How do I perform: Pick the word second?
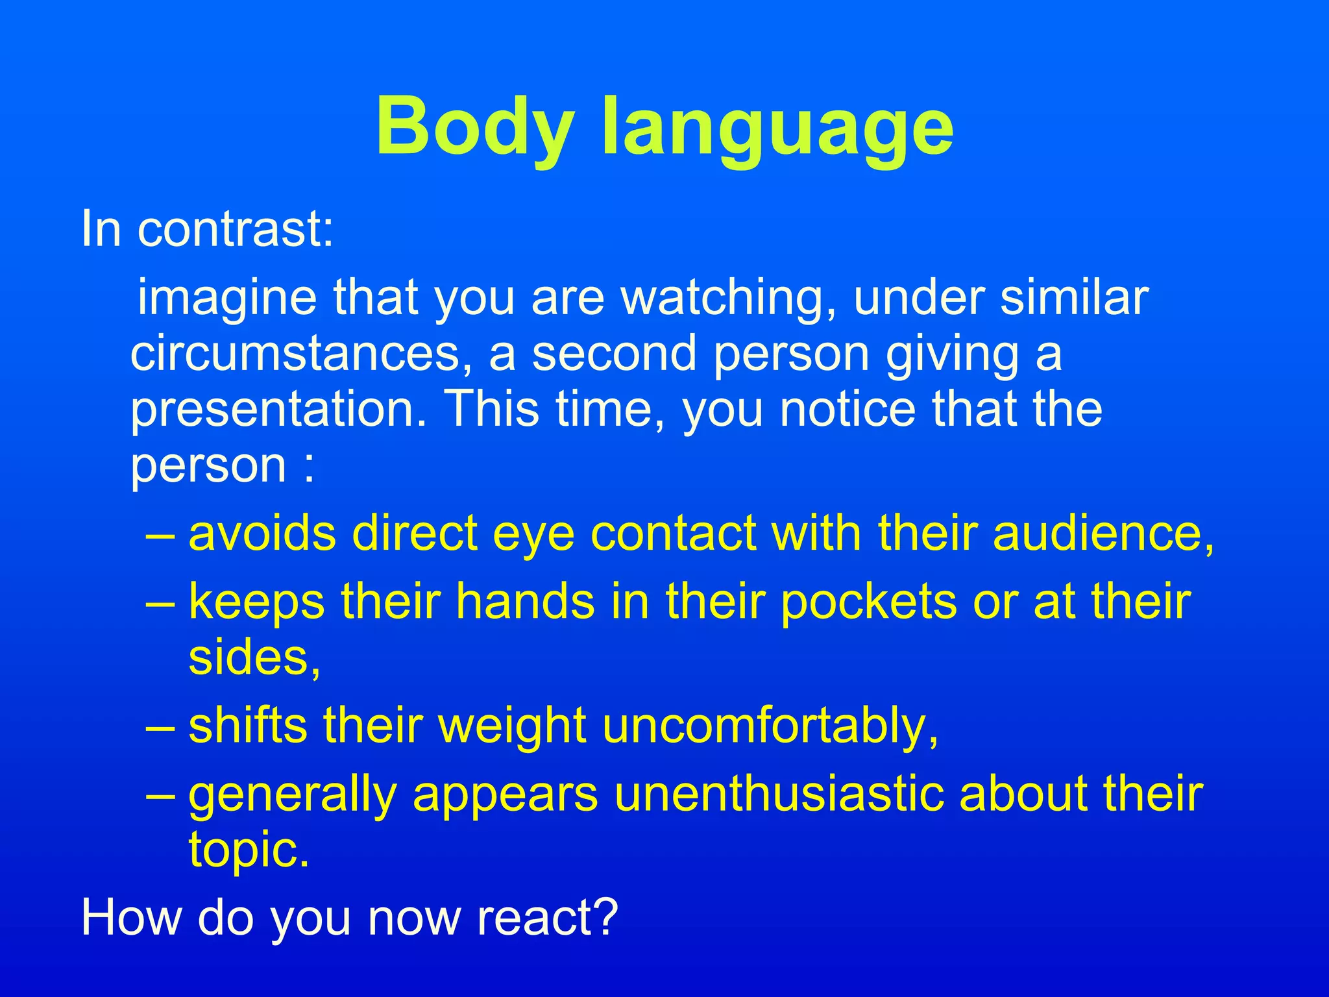(614, 354)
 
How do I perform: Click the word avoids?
(262, 534)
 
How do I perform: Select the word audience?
(1103, 534)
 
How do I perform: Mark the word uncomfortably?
(770, 726)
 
